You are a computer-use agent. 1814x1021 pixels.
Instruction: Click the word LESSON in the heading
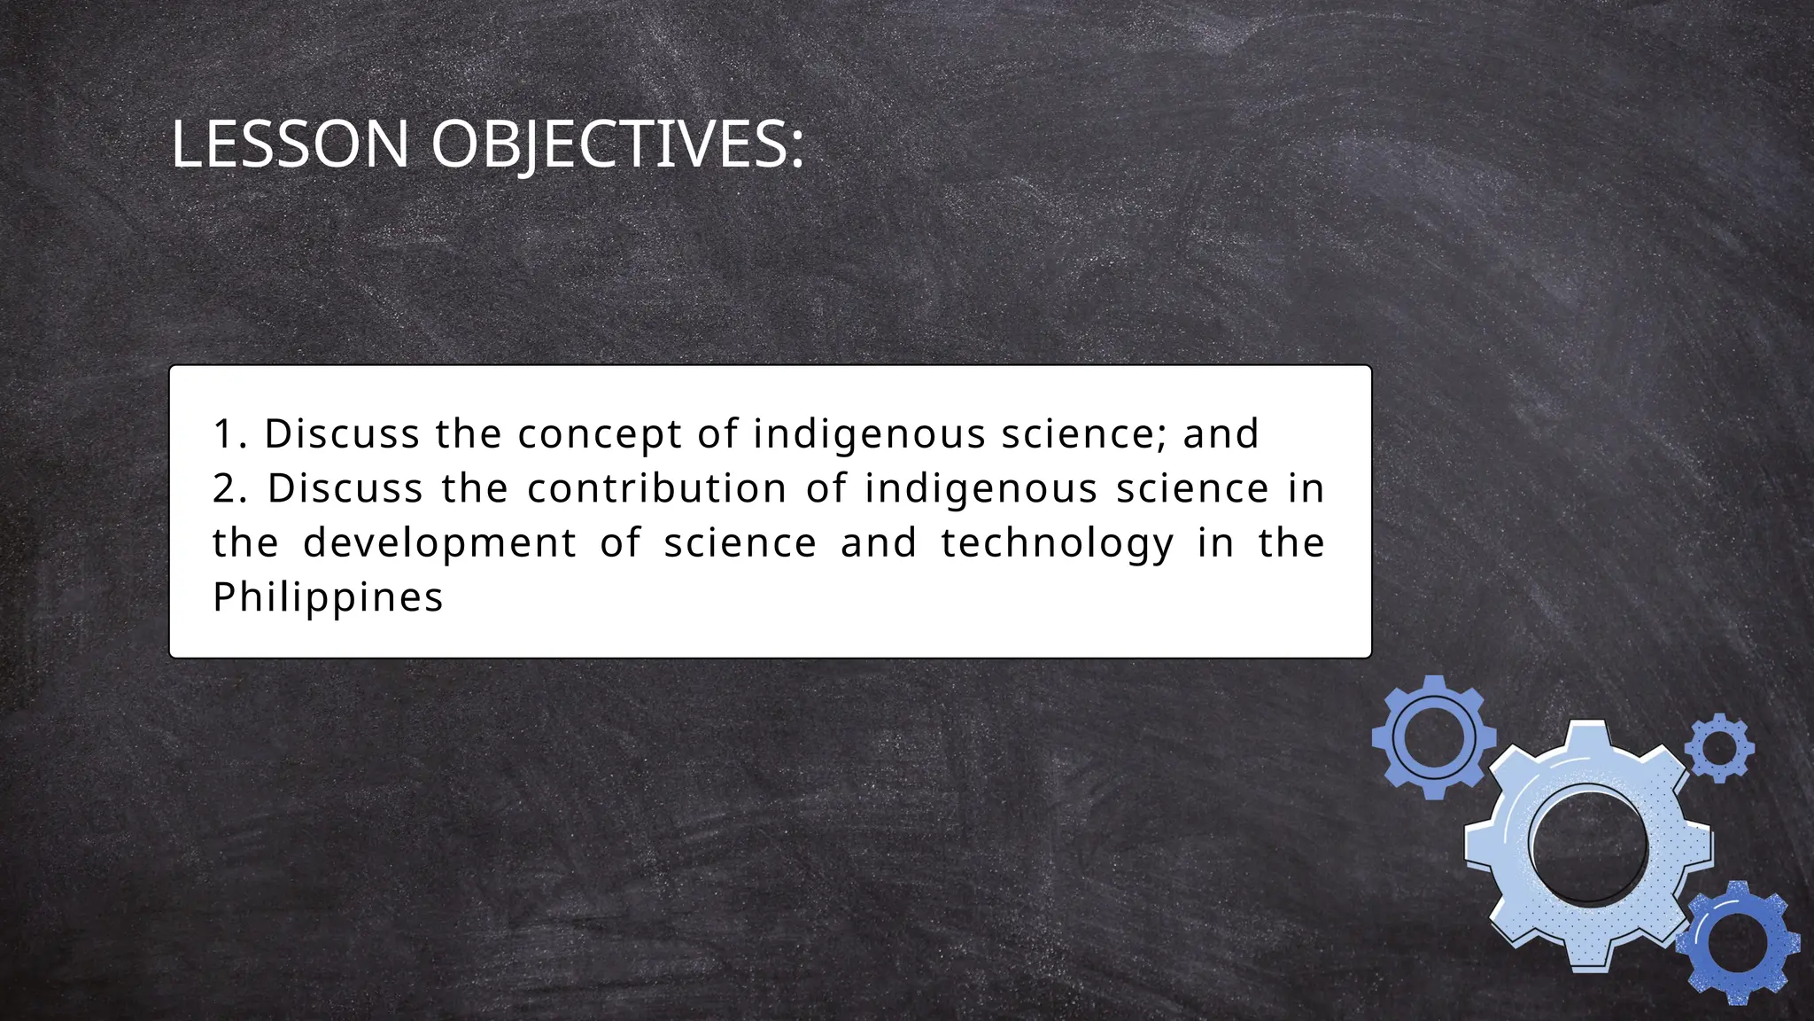[x=290, y=144]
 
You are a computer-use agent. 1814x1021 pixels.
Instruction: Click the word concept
[x=600, y=434]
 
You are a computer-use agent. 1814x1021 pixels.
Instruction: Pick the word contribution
[x=656, y=488]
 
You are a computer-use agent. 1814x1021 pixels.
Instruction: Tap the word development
[x=439, y=543]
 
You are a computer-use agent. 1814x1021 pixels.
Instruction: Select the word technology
[x=1058, y=543]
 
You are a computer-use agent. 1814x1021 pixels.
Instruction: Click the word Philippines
[x=328, y=597]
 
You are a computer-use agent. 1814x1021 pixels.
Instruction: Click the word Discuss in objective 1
[x=342, y=434]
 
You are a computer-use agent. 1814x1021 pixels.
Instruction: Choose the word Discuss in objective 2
[x=345, y=488]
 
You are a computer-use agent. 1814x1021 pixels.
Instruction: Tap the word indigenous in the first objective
[x=869, y=434]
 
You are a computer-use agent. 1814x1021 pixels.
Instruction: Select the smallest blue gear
[x=1719, y=748]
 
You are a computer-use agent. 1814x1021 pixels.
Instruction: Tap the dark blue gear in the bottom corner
[x=1739, y=942]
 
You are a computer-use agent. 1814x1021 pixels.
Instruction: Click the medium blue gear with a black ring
[x=1433, y=737]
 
